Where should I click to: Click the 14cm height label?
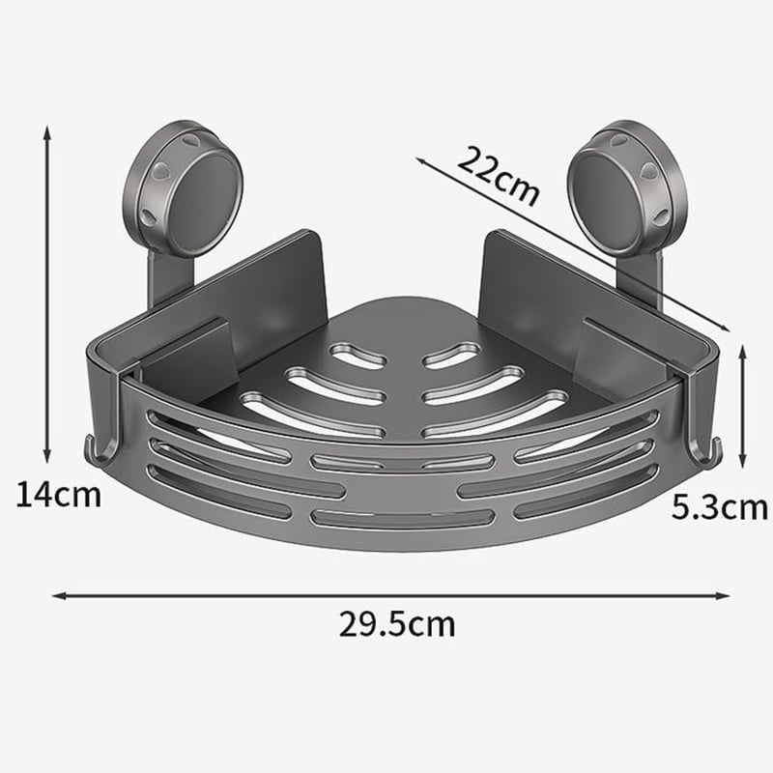click(58, 496)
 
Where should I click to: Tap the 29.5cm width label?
click(396, 624)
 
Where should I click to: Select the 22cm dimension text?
click(499, 174)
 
